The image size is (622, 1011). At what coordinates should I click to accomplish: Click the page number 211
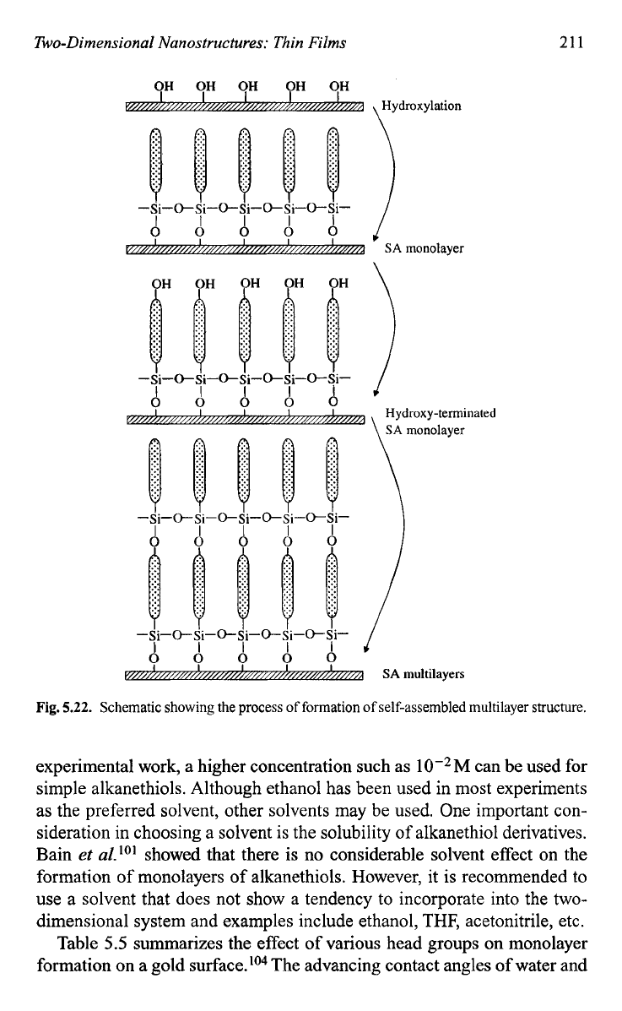(x=571, y=42)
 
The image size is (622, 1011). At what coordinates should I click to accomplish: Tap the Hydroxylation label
(x=421, y=106)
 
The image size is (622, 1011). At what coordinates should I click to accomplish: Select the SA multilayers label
(x=423, y=674)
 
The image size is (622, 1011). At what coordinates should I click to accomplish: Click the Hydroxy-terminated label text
(x=441, y=413)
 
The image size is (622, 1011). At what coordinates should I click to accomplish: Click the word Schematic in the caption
(x=126, y=707)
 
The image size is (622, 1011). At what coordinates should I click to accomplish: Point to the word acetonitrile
(x=507, y=921)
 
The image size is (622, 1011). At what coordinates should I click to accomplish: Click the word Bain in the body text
(x=54, y=855)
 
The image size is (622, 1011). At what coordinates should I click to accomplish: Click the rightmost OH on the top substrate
(x=339, y=86)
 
